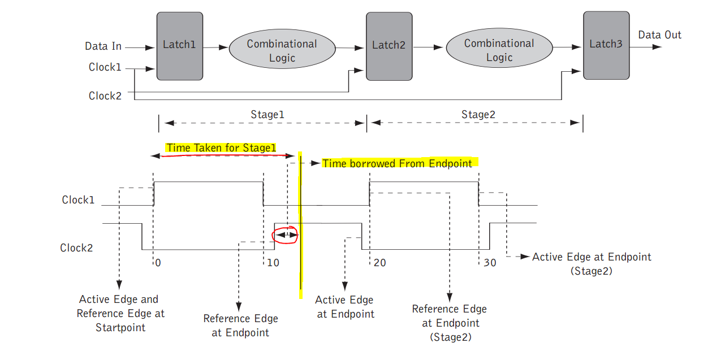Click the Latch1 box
179,46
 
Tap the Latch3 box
606,45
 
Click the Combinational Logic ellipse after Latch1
282,51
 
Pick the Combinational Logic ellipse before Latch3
499,50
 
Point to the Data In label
103,46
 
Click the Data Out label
659,35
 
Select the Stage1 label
267,115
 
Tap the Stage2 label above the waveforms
478,115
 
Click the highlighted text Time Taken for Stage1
221,148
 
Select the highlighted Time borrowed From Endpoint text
397,163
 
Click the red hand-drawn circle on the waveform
285,235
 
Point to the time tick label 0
158,263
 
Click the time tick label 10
273,263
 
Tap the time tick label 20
379,263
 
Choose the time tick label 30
489,263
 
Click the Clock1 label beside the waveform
79,200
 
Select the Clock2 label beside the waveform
77,248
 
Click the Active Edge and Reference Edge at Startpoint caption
120,313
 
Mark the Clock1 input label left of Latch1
105,67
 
